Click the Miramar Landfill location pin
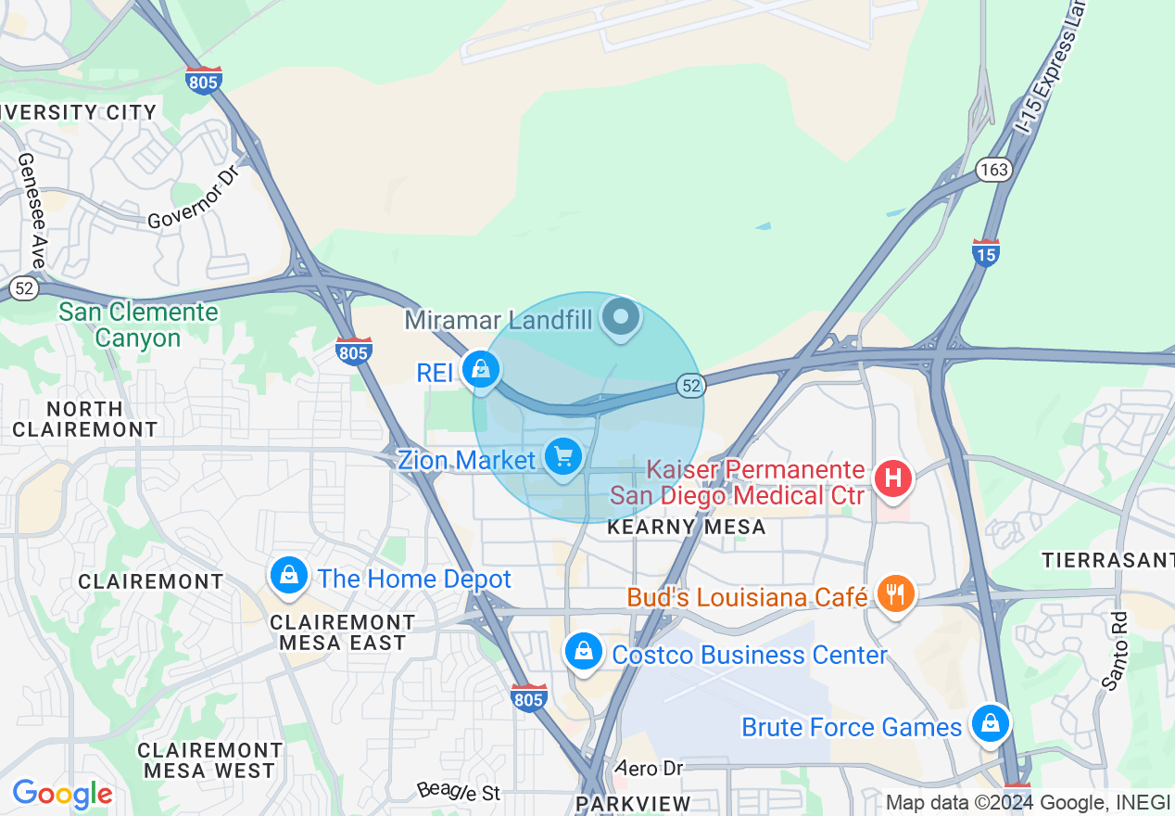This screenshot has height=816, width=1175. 622,318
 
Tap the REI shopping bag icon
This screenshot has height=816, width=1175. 481,370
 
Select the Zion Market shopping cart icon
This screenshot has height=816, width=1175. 562,457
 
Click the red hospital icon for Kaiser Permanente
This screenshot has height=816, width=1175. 893,478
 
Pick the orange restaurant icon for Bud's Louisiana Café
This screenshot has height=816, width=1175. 894,593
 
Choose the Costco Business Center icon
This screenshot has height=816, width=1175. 584,651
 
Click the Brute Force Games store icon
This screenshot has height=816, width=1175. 990,722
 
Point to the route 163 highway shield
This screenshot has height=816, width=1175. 992,170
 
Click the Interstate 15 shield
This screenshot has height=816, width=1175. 986,252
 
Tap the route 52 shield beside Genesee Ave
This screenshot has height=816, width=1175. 25,288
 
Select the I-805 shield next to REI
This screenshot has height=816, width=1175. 353,351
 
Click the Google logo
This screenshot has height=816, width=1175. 62,794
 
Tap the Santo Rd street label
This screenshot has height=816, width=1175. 1115,649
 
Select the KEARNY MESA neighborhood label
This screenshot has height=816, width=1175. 686,528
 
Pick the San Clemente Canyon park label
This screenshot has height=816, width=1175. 138,325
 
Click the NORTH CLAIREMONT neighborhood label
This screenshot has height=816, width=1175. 85,419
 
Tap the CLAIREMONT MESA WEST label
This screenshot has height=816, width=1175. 208,760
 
